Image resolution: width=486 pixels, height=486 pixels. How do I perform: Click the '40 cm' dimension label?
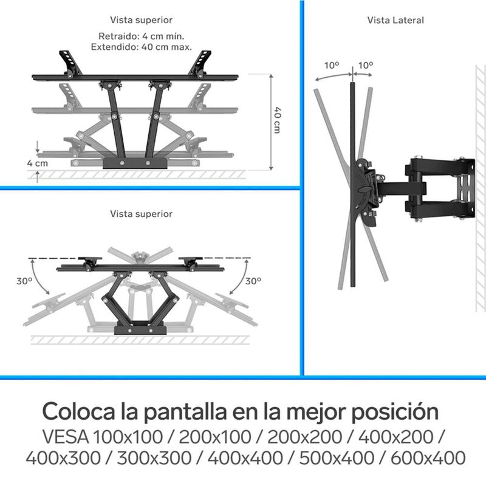pyautogui.click(x=277, y=120)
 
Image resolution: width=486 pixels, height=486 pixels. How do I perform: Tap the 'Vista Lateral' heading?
pyautogui.click(x=395, y=20)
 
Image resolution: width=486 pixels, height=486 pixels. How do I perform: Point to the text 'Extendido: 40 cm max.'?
pyautogui.click(x=141, y=46)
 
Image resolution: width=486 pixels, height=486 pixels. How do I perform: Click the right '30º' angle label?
pyautogui.click(x=254, y=281)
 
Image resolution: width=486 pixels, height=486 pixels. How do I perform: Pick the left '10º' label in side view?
pyautogui.click(x=332, y=64)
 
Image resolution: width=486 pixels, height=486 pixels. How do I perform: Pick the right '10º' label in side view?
pyautogui.click(x=367, y=64)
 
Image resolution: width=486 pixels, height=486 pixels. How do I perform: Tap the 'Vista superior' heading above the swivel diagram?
pyautogui.click(x=141, y=214)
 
